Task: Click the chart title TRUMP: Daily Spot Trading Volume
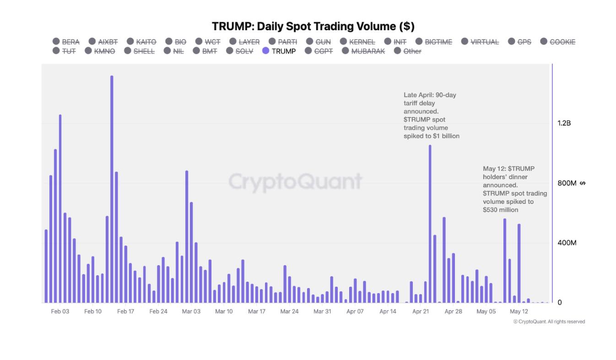pos(313,27)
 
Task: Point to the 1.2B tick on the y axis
pos(564,123)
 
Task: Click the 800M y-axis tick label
pos(567,183)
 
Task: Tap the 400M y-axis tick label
pos(567,243)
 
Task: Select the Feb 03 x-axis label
pos(60,311)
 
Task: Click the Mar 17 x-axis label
pos(257,311)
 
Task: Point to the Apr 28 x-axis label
pos(453,311)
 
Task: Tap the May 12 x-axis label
pos(519,311)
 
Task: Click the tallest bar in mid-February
pos(112,183)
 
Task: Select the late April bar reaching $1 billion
pos(430,220)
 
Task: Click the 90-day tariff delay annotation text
pos(431,115)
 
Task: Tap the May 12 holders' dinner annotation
pos(514,189)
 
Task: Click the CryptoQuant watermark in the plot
pos(295,182)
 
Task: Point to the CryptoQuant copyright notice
pos(549,322)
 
